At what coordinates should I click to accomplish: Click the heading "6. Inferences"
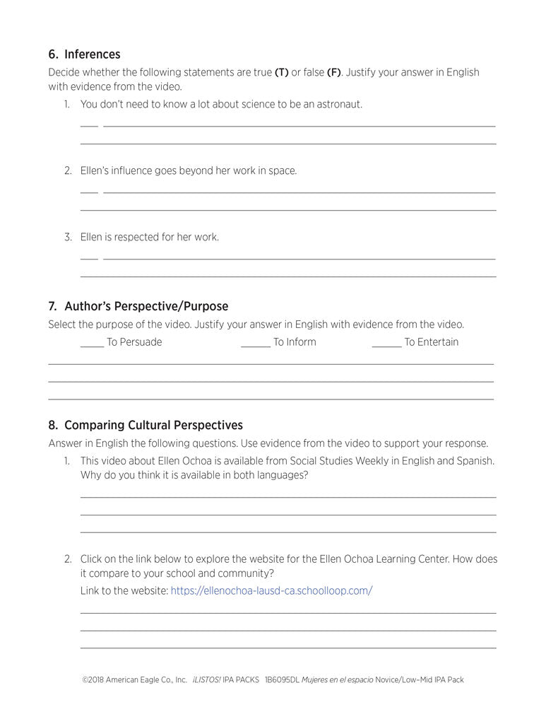[84, 54]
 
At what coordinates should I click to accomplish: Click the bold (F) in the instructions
[333, 73]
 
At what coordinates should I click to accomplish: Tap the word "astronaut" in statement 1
[336, 105]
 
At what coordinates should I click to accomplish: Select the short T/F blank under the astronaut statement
[89, 125]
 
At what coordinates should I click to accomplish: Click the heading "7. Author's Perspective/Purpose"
[138, 306]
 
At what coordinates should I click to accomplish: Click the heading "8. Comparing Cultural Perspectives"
[146, 425]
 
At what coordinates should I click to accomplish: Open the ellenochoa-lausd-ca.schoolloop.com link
[271, 590]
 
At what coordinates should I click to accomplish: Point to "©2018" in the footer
[93, 680]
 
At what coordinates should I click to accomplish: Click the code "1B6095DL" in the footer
[281, 680]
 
